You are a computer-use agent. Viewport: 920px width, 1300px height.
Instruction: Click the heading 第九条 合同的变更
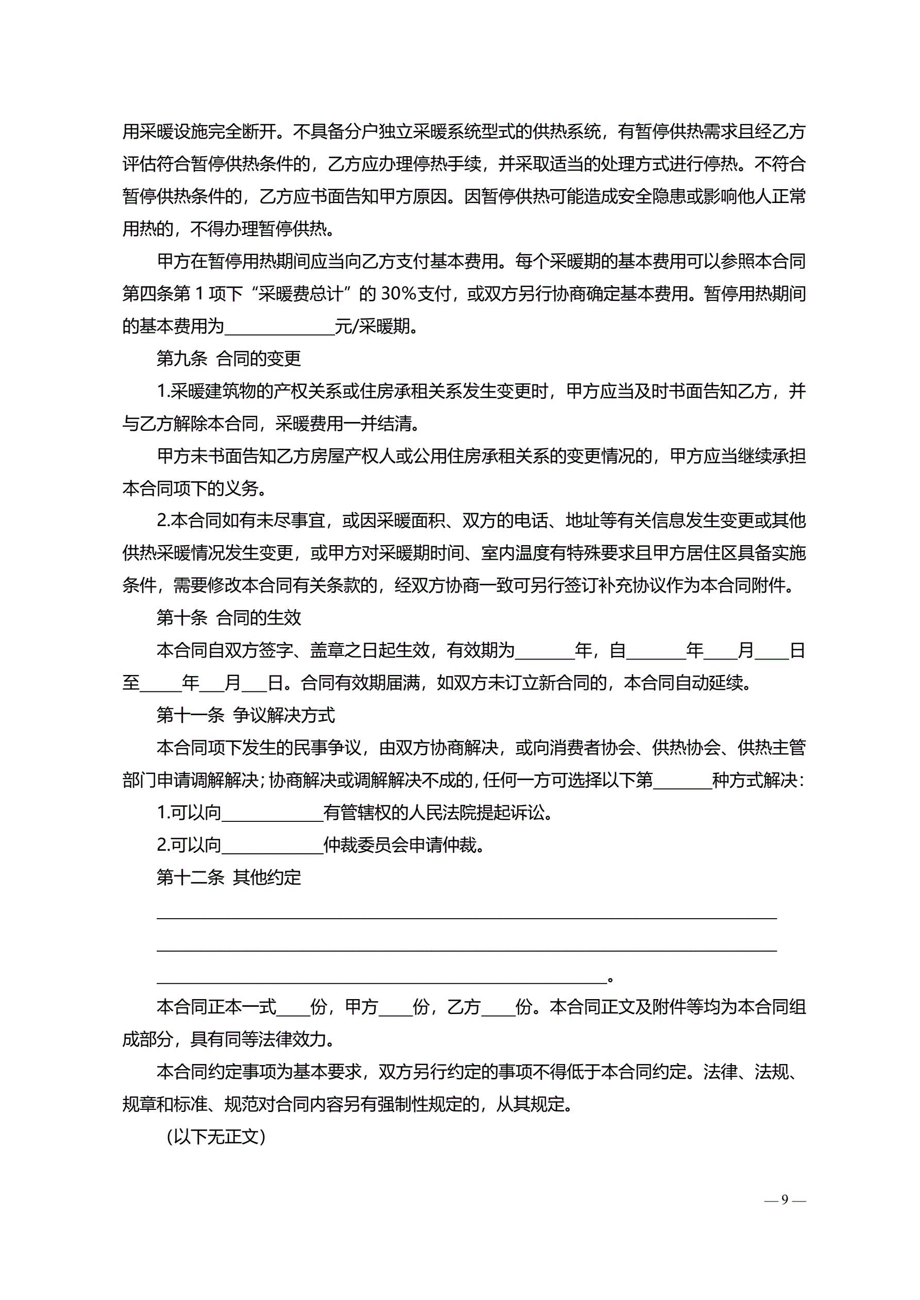(228, 359)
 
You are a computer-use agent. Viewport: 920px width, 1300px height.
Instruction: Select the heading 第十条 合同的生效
(228, 617)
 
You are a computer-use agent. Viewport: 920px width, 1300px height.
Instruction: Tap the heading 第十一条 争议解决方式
(245, 715)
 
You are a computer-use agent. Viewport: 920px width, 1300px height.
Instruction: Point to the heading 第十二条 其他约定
(228, 877)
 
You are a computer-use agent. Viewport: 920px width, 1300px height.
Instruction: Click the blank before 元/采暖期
(279, 327)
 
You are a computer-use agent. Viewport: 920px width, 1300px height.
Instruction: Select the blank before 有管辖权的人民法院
(272, 814)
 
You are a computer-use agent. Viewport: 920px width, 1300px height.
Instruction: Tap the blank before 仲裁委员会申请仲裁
(272, 846)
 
